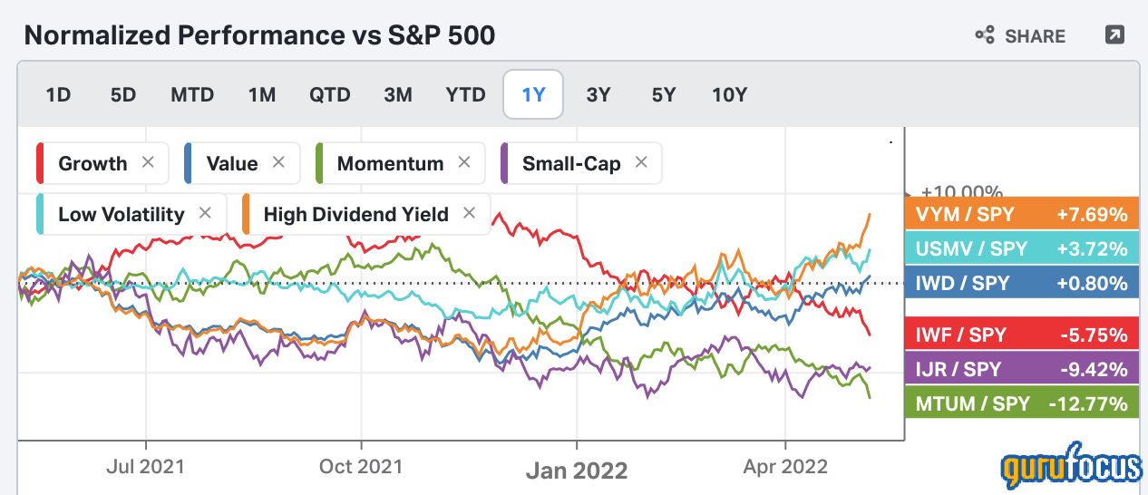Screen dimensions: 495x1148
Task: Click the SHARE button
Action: tap(1020, 36)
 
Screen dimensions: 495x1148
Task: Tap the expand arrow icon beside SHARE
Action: tap(1114, 35)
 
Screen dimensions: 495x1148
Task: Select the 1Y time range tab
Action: tap(533, 94)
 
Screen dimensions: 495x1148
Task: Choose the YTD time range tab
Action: tap(465, 94)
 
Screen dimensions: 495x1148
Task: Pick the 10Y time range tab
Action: tap(729, 94)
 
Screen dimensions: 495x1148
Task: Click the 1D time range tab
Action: tap(58, 94)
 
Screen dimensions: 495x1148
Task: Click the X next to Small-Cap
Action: tap(641, 163)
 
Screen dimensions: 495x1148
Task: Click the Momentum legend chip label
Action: tap(390, 164)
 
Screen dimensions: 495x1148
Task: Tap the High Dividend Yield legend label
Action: tap(355, 215)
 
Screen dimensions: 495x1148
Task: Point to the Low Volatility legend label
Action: tap(121, 215)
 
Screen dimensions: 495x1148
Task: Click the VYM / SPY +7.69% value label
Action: tap(1021, 215)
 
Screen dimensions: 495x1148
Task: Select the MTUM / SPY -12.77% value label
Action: tap(1021, 402)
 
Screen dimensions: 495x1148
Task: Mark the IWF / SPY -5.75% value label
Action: tap(1021, 335)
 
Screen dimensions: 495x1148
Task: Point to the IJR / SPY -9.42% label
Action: tap(1021, 368)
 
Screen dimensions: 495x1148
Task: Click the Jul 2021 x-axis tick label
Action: tap(145, 467)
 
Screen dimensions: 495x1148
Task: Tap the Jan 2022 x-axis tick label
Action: tap(577, 471)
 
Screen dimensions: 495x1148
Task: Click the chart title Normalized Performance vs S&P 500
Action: tap(259, 36)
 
